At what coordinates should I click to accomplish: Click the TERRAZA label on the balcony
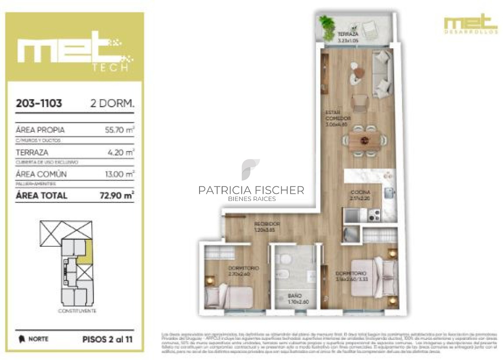(x=347, y=34)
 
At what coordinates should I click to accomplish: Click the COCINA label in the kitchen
(x=360, y=192)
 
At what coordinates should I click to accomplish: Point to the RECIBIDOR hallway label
(x=267, y=224)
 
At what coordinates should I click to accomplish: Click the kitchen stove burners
(x=374, y=215)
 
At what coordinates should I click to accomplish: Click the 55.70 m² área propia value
(x=119, y=130)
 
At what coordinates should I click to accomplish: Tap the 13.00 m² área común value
(x=119, y=174)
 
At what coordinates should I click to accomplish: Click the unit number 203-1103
(x=39, y=104)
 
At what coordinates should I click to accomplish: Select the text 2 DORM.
(x=112, y=104)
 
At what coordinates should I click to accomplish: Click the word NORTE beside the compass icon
(x=38, y=339)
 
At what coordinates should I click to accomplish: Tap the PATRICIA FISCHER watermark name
(x=251, y=190)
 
